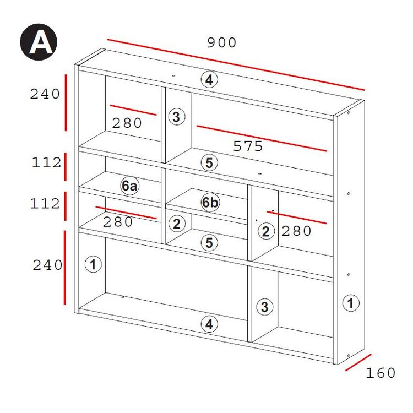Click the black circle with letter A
[39, 42]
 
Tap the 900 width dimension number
[221, 42]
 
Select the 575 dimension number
[248, 146]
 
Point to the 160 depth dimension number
[381, 373]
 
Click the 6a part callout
[129, 186]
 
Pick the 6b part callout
[210, 202]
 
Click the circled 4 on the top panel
[209, 79]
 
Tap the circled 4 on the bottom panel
[209, 324]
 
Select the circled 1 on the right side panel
[351, 303]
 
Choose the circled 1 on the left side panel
[93, 264]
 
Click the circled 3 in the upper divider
[176, 116]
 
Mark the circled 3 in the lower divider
[265, 307]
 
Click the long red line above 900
[236, 65]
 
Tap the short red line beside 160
[358, 362]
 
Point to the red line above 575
[262, 139]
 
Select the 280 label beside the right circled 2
[296, 231]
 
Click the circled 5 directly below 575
[209, 162]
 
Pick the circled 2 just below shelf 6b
[176, 224]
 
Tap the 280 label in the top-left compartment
[127, 123]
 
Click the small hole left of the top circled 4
[173, 76]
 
